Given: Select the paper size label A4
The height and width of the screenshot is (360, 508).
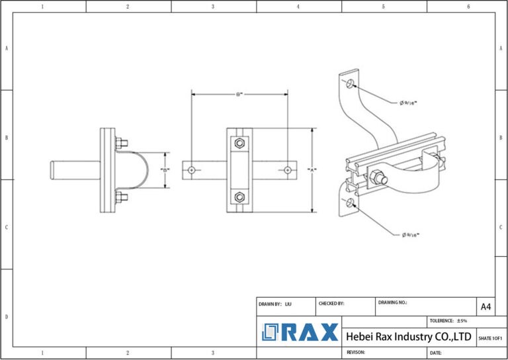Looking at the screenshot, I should coord(486,306).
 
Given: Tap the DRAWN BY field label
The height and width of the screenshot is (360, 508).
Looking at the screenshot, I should coord(270,304).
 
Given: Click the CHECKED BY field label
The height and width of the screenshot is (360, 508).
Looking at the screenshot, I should coord(331,304).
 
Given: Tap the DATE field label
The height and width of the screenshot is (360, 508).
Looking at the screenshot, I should coord(435,353).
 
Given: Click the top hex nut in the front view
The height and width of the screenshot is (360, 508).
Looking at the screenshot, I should coord(239,144).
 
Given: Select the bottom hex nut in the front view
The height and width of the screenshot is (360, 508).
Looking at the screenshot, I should coord(239,197).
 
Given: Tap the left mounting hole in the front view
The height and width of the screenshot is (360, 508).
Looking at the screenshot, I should coord(191,170).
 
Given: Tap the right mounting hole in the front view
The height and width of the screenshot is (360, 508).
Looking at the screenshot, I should coord(288,170).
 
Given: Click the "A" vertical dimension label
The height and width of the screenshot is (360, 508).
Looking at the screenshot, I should coord(312,170).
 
